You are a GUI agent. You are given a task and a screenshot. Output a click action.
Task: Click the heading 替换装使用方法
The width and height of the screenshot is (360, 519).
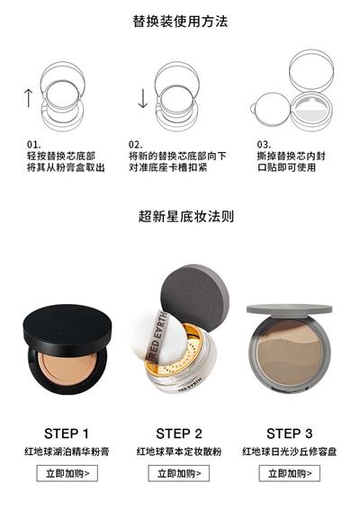[180, 22]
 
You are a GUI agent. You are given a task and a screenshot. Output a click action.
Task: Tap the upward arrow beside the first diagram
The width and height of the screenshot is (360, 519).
[29, 98]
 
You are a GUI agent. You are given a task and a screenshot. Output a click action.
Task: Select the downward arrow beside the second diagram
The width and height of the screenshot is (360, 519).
[143, 98]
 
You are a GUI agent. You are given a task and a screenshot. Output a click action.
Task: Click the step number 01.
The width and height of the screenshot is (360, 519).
[34, 145]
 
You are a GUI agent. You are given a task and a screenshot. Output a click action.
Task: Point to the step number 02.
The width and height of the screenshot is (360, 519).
[136, 145]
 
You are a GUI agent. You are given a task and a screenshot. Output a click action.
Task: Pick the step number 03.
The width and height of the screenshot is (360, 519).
[264, 145]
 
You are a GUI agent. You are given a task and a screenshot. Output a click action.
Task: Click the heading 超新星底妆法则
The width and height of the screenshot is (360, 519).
[186, 217]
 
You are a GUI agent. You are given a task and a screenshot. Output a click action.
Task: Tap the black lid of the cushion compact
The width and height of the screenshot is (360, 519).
[67, 326]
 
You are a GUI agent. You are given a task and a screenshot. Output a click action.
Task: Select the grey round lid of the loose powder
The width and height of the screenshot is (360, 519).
[194, 297]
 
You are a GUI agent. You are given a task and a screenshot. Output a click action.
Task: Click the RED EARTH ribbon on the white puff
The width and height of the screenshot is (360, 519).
[157, 336]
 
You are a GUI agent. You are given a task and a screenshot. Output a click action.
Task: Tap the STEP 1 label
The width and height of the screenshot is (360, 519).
[67, 434]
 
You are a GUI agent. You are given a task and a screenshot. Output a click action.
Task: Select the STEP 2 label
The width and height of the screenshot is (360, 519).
[179, 434]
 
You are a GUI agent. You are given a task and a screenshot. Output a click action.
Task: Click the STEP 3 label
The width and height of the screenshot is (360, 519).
[290, 434]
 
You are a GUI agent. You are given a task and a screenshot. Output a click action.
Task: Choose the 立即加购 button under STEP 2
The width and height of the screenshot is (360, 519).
[179, 473]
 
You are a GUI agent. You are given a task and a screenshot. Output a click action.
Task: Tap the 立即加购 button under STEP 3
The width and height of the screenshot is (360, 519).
[290, 473]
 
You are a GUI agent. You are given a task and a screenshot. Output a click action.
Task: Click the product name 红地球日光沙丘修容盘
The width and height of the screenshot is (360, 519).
[290, 452]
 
